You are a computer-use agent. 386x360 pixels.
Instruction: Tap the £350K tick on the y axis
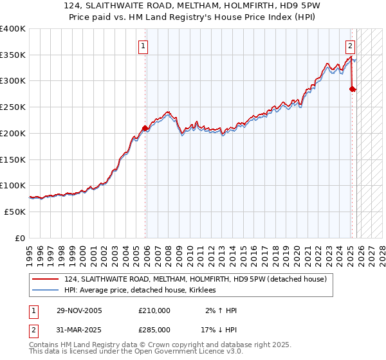(13, 55)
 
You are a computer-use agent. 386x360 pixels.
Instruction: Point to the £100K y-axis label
(13, 186)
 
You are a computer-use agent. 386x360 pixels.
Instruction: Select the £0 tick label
(21, 238)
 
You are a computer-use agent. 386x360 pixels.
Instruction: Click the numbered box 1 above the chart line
(142, 46)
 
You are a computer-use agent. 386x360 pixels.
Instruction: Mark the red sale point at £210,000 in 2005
(145, 128)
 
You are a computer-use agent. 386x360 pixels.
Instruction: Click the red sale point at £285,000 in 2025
(352, 89)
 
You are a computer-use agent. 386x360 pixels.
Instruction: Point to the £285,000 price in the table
(154, 330)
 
